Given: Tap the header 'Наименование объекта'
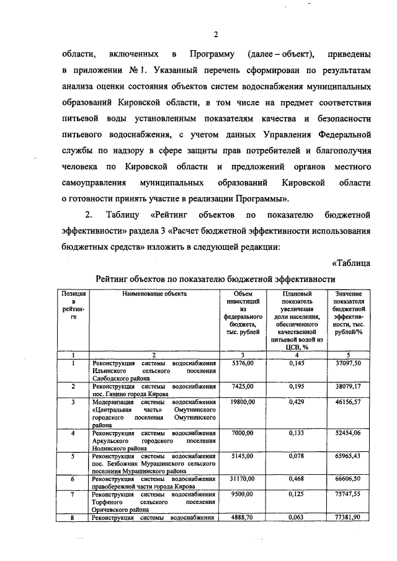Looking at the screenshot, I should [x=154, y=293].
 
